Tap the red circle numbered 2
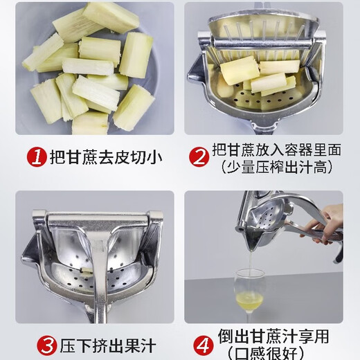[x=200, y=158]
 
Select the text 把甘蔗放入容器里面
[x=278, y=150]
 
